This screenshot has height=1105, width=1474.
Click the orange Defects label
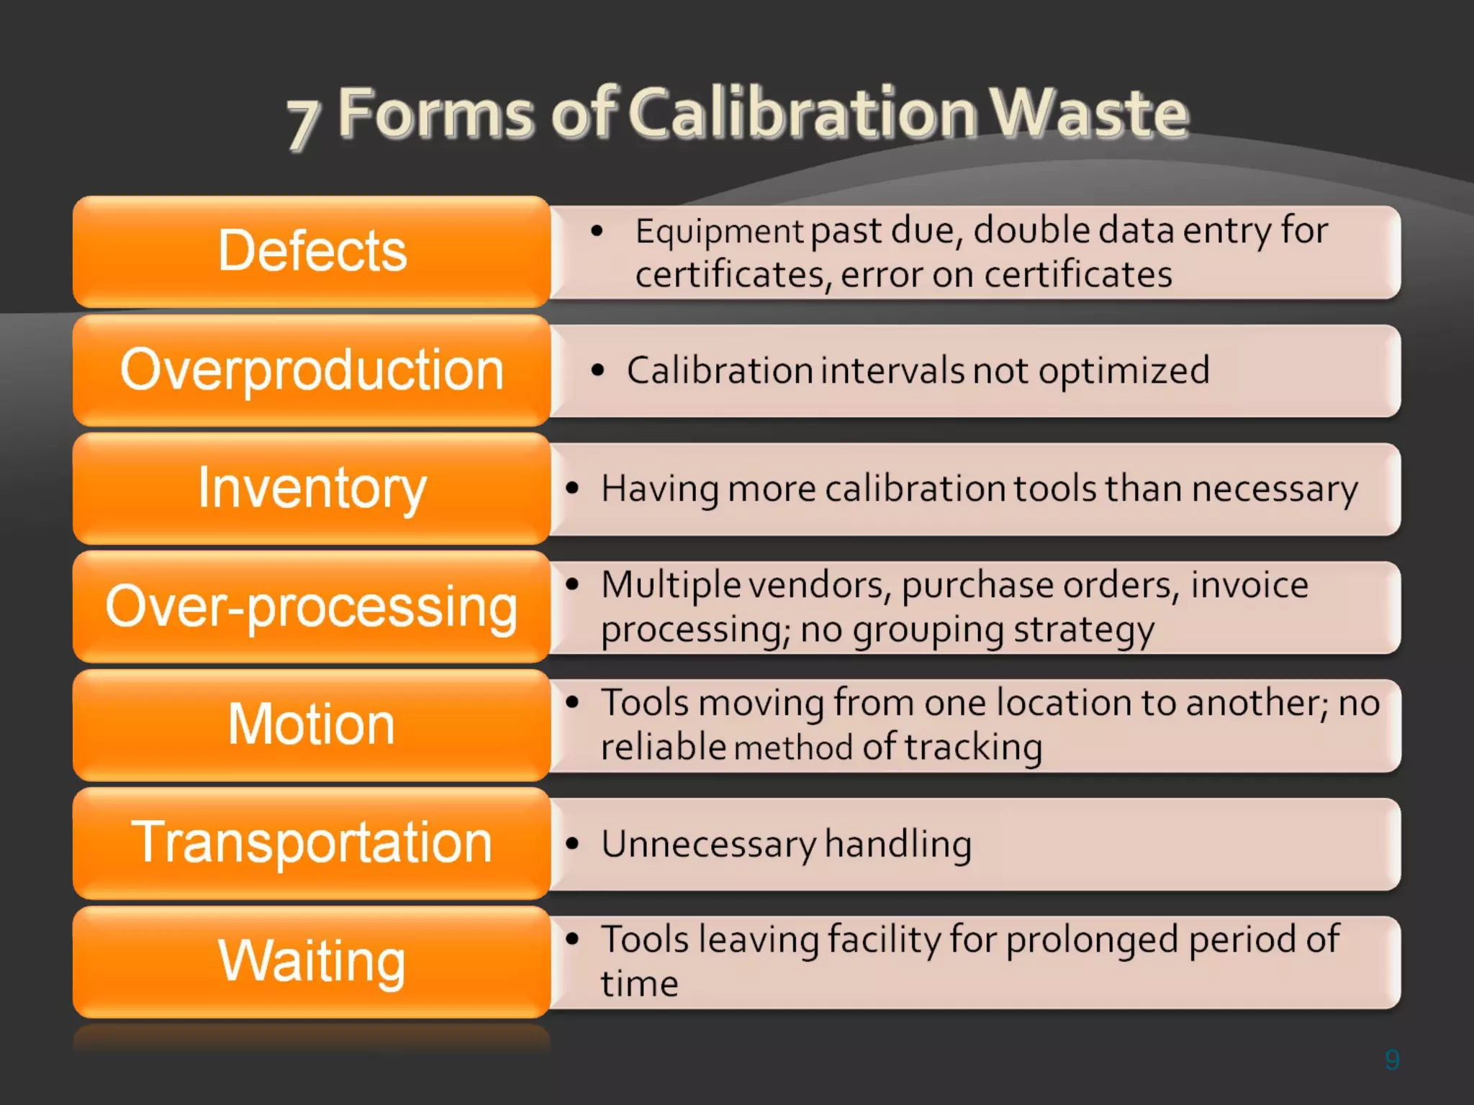coord(312,251)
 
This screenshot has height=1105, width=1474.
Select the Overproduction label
coord(312,370)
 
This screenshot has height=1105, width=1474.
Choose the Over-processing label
coord(312,606)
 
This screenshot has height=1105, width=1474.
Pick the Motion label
coord(312,724)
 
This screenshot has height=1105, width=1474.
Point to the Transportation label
coord(312,842)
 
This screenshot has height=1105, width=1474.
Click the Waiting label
coord(312,961)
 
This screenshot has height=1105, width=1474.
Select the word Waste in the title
coord(1088,113)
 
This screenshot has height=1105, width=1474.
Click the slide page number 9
coord(1392,1060)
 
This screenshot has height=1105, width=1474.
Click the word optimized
coord(1123,371)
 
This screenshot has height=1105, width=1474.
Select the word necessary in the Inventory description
coord(1274,490)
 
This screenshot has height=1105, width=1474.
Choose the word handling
coord(898,845)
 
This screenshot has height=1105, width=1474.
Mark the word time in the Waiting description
coord(639,984)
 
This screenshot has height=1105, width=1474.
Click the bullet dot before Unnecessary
coord(572,843)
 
